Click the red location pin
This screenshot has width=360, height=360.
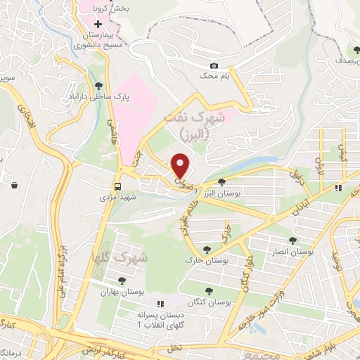(181, 166)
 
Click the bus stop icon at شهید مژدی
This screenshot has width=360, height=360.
(118, 187)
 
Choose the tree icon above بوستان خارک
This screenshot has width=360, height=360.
(207, 250)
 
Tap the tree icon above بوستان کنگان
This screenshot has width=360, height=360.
(208, 290)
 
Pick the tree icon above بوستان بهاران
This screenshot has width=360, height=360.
(122, 281)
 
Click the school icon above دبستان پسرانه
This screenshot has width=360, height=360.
(160, 304)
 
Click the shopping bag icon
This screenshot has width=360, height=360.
(15, 185)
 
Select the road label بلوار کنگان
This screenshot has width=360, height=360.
(250, 270)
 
